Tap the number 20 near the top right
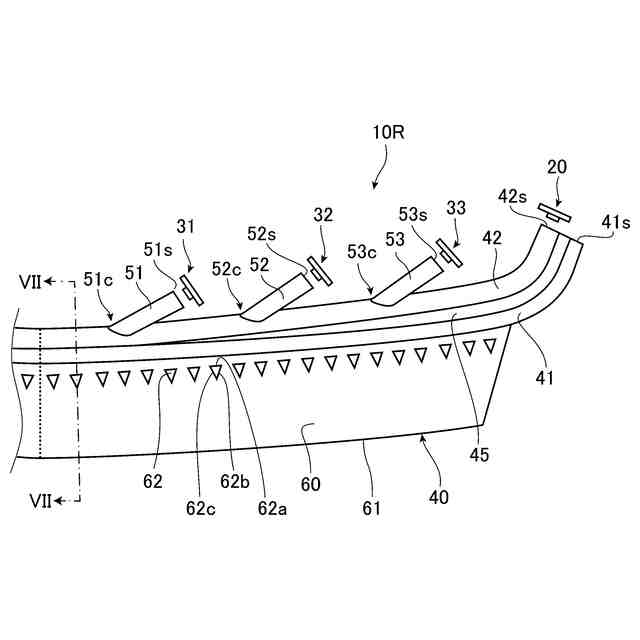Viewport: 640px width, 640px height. click(x=557, y=169)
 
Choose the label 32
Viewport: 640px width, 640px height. click(x=323, y=213)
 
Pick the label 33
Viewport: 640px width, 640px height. click(x=456, y=208)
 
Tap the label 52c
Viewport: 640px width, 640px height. click(x=227, y=268)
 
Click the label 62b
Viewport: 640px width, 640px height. click(x=234, y=481)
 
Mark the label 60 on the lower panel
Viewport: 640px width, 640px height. click(x=311, y=484)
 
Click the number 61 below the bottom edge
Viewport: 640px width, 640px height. click(x=371, y=509)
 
